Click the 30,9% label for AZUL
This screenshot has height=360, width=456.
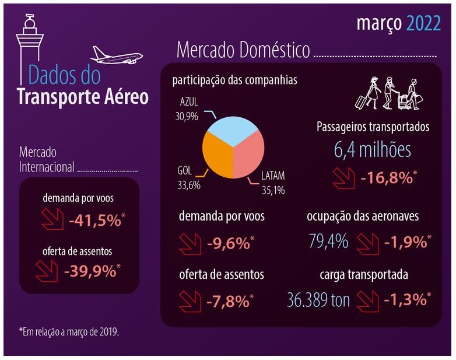[186, 116]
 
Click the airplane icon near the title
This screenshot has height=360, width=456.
[117, 57]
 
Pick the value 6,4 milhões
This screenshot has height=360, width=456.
[373, 149]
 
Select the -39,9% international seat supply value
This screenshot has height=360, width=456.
[92, 271]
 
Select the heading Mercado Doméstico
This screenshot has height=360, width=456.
[243, 50]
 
